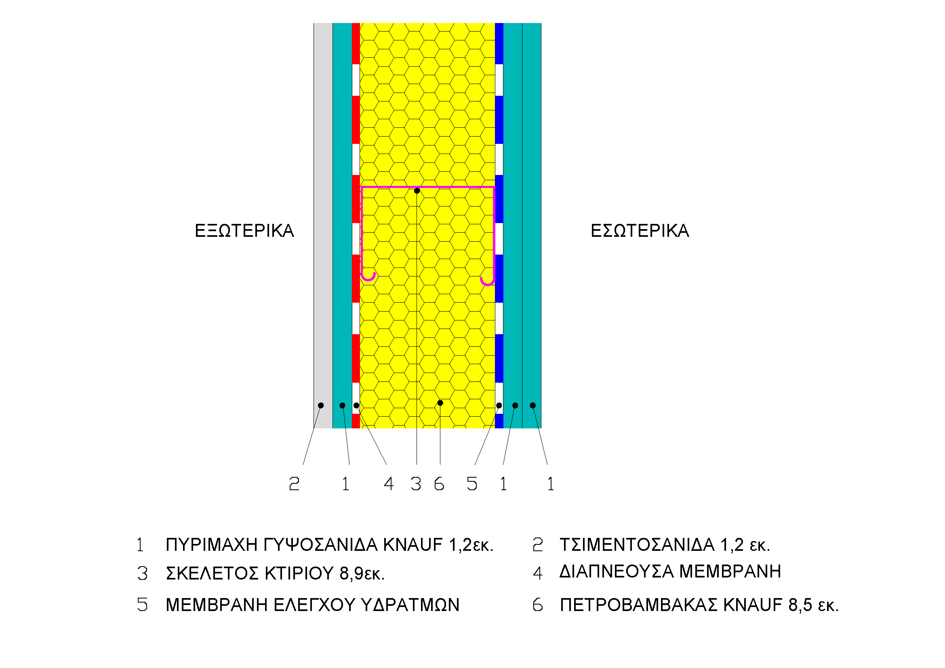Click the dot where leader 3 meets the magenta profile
[x=417, y=191]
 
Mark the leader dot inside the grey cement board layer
[x=321, y=405]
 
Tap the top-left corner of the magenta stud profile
[x=362, y=187]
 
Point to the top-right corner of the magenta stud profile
[x=493, y=187]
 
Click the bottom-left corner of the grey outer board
[x=314, y=428]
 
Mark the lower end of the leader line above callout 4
[x=387, y=465]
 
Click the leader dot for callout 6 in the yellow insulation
[x=440, y=403]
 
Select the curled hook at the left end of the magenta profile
[x=368, y=277]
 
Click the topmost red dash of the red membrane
[x=356, y=44]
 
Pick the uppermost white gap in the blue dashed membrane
[x=499, y=80]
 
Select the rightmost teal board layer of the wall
[x=532, y=225]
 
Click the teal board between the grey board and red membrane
[x=343, y=225]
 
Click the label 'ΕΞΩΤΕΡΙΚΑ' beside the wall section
[x=244, y=231]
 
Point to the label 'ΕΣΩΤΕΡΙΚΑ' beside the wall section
[x=640, y=231]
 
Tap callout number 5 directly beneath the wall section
[x=471, y=484]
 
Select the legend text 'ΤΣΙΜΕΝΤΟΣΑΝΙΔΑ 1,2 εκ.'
[x=665, y=545]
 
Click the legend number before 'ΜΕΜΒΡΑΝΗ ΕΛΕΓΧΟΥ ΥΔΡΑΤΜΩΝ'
[x=142, y=605]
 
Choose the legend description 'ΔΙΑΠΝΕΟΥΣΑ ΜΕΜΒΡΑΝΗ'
[x=670, y=571]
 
